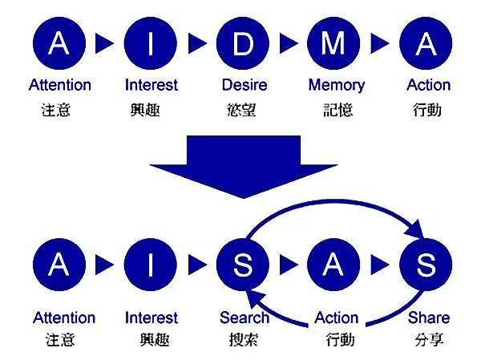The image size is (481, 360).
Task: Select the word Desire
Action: (x=243, y=85)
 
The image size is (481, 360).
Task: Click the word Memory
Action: (x=336, y=85)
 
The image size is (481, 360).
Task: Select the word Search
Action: (x=245, y=318)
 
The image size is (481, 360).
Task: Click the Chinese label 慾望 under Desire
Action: (x=243, y=109)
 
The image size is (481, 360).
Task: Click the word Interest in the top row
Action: (x=152, y=85)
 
